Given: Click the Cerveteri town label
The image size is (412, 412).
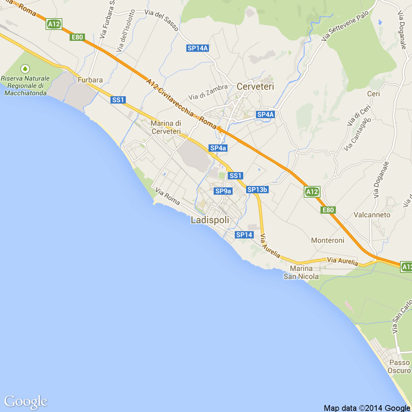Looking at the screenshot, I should [255, 87].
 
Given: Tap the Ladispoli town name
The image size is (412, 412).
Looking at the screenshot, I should [210, 220].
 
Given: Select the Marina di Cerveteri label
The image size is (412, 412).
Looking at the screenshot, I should [166, 128].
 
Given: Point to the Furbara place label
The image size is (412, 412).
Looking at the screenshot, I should [90, 80].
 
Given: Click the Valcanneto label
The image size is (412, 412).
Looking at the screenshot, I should [372, 215].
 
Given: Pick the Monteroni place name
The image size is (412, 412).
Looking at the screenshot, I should [327, 240].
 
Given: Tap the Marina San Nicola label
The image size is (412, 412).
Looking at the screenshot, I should [301, 273].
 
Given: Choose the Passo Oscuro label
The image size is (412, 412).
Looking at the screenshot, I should [399, 366].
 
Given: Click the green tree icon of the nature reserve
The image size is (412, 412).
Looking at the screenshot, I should [25, 68].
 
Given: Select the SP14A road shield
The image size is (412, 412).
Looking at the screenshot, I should [197, 48].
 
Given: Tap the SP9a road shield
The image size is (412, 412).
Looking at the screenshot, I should [223, 191].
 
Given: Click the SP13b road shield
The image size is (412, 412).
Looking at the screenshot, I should [257, 190].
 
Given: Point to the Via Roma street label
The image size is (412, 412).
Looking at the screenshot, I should [168, 196].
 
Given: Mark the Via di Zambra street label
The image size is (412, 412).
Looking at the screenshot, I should [208, 92].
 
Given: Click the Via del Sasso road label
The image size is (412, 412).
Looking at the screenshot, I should [162, 20].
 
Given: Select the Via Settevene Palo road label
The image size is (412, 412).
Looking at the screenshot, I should [345, 25].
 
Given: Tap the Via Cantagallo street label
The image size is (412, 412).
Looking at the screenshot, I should [358, 134].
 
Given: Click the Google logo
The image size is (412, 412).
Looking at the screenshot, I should [26, 402].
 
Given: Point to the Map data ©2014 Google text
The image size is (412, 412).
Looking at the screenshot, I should [367, 408].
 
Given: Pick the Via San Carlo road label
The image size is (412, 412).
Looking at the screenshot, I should [402, 317].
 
